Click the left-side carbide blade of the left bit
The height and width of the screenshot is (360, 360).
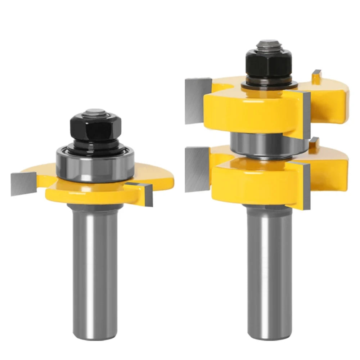[23, 183]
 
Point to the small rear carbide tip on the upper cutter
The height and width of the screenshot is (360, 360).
[316, 77]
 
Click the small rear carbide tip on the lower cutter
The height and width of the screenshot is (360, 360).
[315, 143]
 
